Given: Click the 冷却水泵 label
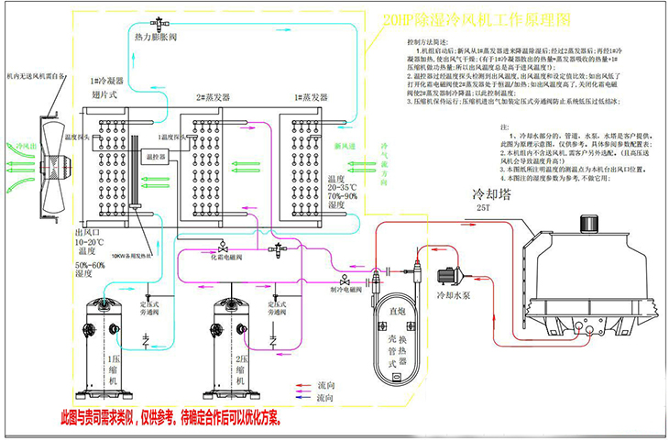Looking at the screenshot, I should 455,297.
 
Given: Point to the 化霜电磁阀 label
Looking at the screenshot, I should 223,258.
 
